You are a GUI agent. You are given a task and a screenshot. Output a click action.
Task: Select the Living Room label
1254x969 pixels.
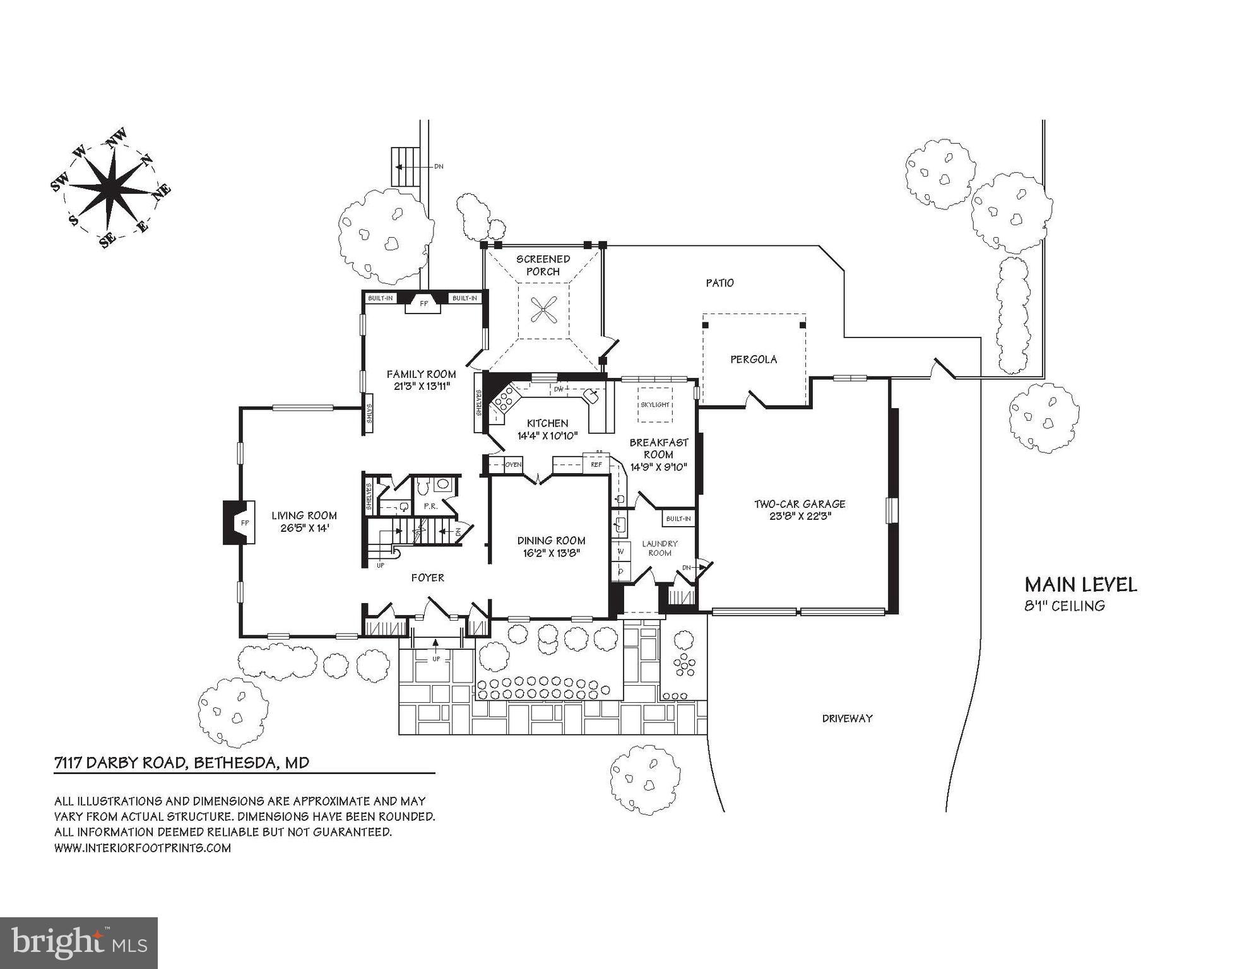click(x=304, y=515)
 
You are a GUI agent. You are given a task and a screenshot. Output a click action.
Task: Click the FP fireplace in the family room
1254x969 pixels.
click(x=424, y=304)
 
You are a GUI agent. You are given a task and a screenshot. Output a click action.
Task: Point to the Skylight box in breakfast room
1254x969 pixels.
click(x=655, y=404)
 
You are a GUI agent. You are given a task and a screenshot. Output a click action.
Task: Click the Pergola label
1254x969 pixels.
click(x=754, y=359)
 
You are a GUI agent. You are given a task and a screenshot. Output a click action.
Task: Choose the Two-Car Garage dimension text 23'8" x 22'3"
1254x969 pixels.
click(x=800, y=515)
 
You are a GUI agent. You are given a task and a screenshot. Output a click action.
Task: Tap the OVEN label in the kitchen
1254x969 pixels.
click(x=513, y=465)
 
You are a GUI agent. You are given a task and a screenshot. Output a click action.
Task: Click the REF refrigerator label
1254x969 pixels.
click(x=596, y=465)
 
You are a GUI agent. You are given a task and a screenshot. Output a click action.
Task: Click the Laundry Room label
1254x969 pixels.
click(x=660, y=548)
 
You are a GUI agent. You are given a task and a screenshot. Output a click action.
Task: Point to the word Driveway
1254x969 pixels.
click(x=847, y=718)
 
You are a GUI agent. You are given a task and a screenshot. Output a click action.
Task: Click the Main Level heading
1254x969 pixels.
click(x=1080, y=585)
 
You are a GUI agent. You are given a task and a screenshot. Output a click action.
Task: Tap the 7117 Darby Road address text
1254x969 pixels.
click(x=182, y=763)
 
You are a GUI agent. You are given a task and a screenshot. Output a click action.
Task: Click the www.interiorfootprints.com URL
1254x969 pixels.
click(x=142, y=848)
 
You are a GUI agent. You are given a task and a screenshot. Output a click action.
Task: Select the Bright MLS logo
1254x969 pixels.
click(x=78, y=943)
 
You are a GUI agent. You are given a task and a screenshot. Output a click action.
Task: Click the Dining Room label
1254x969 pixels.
click(x=551, y=541)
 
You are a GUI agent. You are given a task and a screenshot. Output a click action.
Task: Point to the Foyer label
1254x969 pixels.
click(x=427, y=577)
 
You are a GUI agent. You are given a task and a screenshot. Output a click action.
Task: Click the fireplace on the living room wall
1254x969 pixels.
click(x=239, y=522)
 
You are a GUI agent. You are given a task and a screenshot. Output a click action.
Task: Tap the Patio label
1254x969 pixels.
click(x=719, y=283)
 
